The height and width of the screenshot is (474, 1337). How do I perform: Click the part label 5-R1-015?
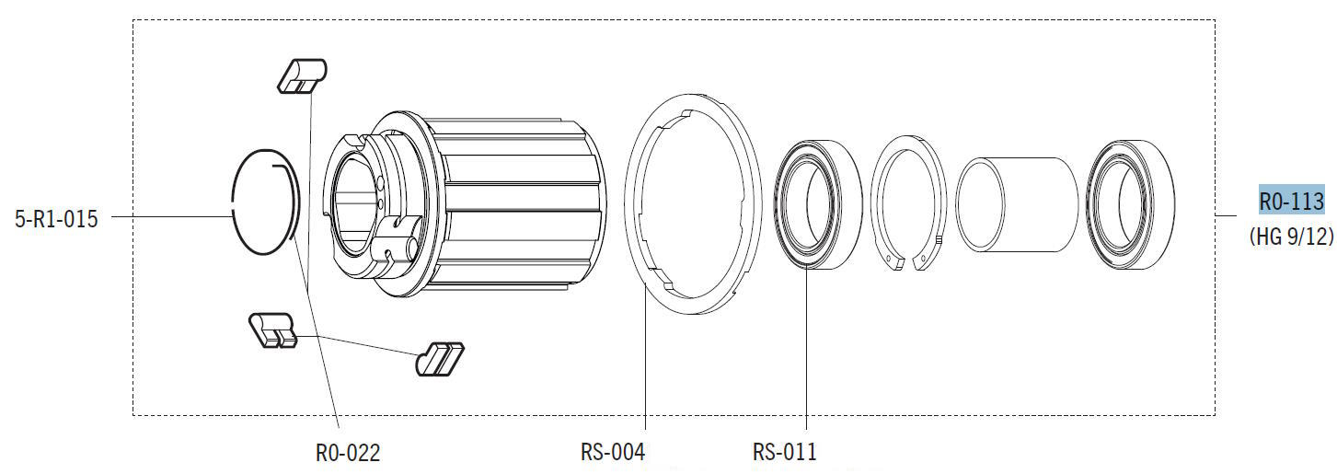click(x=56, y=219)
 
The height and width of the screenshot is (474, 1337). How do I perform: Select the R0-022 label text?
click(x=348, y=453)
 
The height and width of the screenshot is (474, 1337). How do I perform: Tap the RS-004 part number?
click(x=613, y=452)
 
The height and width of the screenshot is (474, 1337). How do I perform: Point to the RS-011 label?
click(x=784, y=452)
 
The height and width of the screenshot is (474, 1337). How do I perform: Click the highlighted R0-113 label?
click(x=1292, y=202)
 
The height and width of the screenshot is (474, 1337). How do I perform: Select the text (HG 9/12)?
click(x=1292, y=237)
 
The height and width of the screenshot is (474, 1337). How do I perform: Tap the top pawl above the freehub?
click(x=302, y=75)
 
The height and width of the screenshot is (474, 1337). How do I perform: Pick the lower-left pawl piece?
click(x=272, y=329)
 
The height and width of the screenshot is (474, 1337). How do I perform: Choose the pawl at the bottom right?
click(x=439, y=359)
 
